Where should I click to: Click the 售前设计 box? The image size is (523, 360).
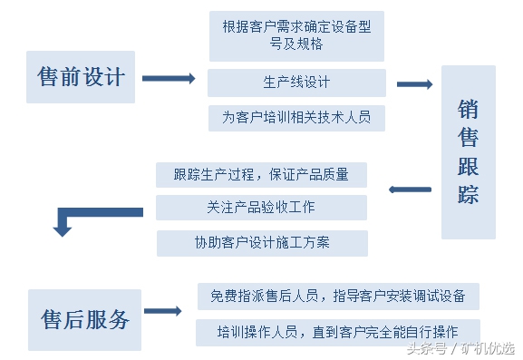[x=81, y=76]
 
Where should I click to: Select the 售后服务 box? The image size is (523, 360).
[x=85, y=319]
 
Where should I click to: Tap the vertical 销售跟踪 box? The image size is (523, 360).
[x=469, y=152]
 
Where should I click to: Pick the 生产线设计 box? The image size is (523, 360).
[x=296, y=83]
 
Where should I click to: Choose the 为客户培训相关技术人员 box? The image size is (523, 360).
[x=296, y=118]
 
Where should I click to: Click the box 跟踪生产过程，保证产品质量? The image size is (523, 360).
[x=261, y=174]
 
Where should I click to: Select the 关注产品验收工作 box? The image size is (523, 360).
[x=261, y=207]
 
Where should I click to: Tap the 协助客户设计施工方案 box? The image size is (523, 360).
[x=261, y=242]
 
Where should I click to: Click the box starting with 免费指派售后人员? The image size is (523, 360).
[x=338, y=296]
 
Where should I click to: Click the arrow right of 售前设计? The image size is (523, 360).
[x=169, y=79]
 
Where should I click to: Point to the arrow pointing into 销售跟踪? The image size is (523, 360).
[x=415, y=84]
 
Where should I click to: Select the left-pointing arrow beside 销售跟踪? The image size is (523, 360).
[x=411, y=190]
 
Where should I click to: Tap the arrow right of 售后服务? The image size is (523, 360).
[x=163, y=312]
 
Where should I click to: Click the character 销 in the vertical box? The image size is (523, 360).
[x=469, y=110]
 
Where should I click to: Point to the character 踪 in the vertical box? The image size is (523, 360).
[x=469, y=194]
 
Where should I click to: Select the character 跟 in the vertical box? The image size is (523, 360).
[x=469, y=166]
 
